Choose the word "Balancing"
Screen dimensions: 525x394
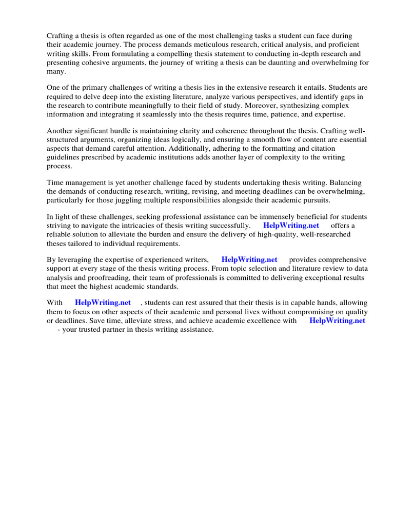(x=345, y=182)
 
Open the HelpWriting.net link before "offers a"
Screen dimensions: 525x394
(x=291, y=226)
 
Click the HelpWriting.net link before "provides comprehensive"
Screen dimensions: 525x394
(x=249, y=260)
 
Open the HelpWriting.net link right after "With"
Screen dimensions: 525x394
(x=103, y=303)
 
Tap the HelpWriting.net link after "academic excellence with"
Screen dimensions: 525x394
(x=337, y=321)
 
